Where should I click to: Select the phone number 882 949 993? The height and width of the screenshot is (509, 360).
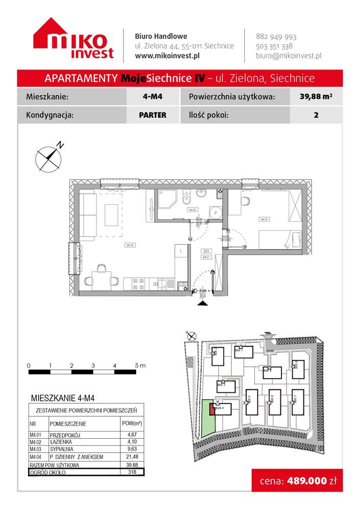pos(276,37)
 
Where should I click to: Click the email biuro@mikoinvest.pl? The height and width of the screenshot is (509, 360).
pos(288,56)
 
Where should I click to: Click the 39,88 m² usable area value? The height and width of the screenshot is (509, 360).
pos(316,96)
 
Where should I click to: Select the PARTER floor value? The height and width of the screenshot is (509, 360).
pos(152,115)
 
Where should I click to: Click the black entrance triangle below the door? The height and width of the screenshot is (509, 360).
pos(202,304)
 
